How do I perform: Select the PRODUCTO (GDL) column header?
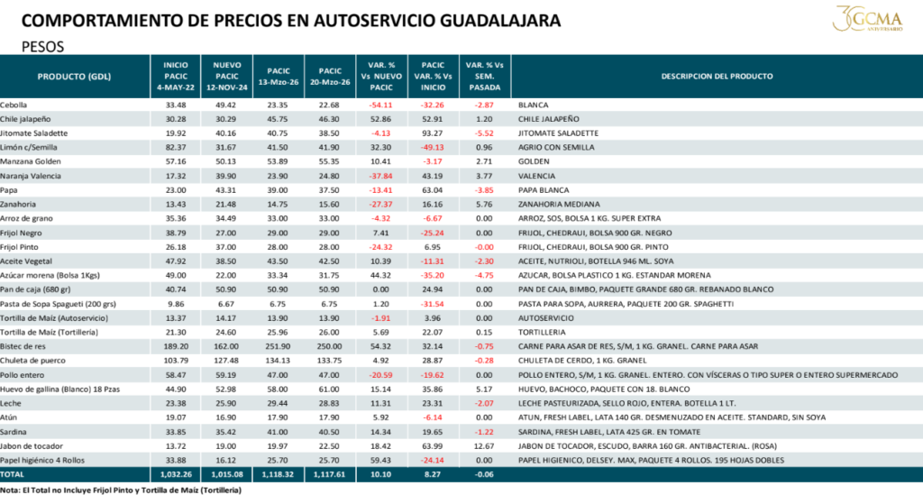point(74,77)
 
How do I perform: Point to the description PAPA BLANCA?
point(544,190)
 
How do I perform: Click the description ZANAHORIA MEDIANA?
point(556,205)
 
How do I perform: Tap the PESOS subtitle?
point(43,45)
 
